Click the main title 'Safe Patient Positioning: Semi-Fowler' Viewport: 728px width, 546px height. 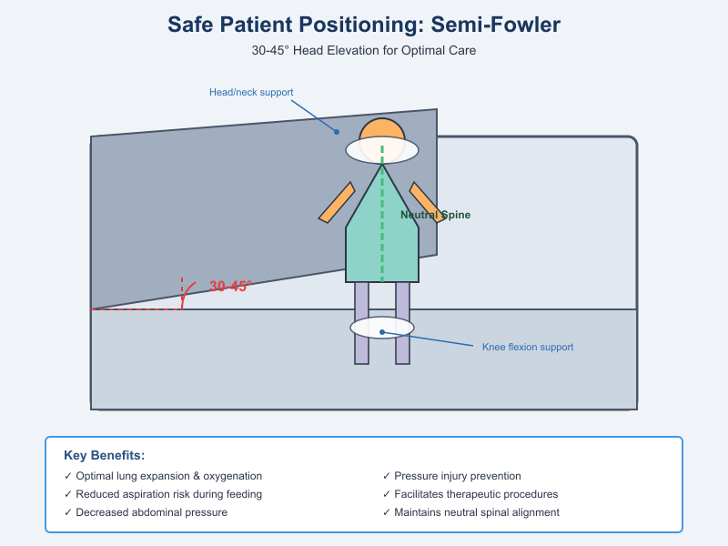pyautogui.click(x=364, y=25)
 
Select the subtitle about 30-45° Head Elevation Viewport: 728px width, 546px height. pyautogui.click(x=364, y=51)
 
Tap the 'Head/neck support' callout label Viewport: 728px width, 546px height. pyautogui.click(x=251, y=92)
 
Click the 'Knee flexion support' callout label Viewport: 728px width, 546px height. pyautogui.click(x=528, y=347)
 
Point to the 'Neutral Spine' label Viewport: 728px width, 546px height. pyautogui.click(x=437, y=215)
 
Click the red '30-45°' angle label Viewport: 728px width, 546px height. pyautogui.click(x=230, y=286)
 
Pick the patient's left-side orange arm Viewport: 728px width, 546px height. pyautogui.click(x=336, y=202)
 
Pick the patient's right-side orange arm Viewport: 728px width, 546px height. pyautogui.click(x=426, y=202)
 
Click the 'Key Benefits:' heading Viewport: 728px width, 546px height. pyautogui.click(x=105, y=455)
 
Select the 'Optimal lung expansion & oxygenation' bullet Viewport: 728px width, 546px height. pyautogui.click(x=164, y=476)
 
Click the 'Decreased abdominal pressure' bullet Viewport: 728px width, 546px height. pyautogui.click(x=146, y=512)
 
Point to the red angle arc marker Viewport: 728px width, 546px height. pyautogui.click(x=187, y=292)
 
